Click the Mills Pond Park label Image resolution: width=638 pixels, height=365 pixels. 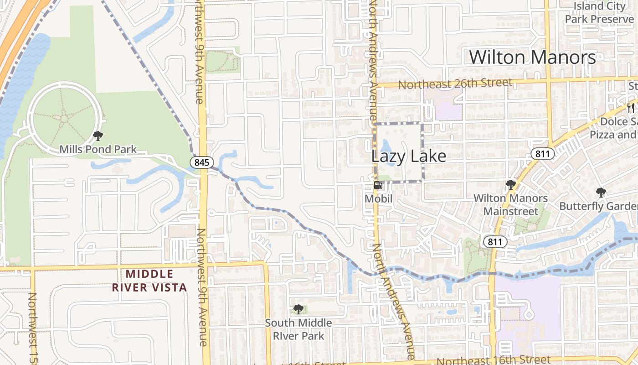tap(98, 149)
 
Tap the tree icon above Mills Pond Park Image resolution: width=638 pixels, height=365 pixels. tap(98, 136)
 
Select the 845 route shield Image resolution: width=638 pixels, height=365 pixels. tap(201, 162)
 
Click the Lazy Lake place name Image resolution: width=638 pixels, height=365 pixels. tap(409, 156)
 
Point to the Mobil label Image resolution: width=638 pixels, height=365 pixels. tap(378, 199)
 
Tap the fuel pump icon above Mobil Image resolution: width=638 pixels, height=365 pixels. tap(378, 185)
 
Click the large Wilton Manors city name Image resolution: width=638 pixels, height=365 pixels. tap(532, 57)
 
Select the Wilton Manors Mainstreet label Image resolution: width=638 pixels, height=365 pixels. tap(510, 205)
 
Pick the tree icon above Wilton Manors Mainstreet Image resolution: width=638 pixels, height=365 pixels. tap(510, 185)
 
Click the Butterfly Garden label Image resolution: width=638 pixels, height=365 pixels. tap(598, 206)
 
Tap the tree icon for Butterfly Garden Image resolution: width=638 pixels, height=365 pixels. tap(601, 193)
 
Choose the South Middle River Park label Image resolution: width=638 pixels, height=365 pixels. tap(298, 329)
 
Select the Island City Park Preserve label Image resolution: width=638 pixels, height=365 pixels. tap(599, 13)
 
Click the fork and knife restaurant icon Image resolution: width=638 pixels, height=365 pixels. tap(631, 108)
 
